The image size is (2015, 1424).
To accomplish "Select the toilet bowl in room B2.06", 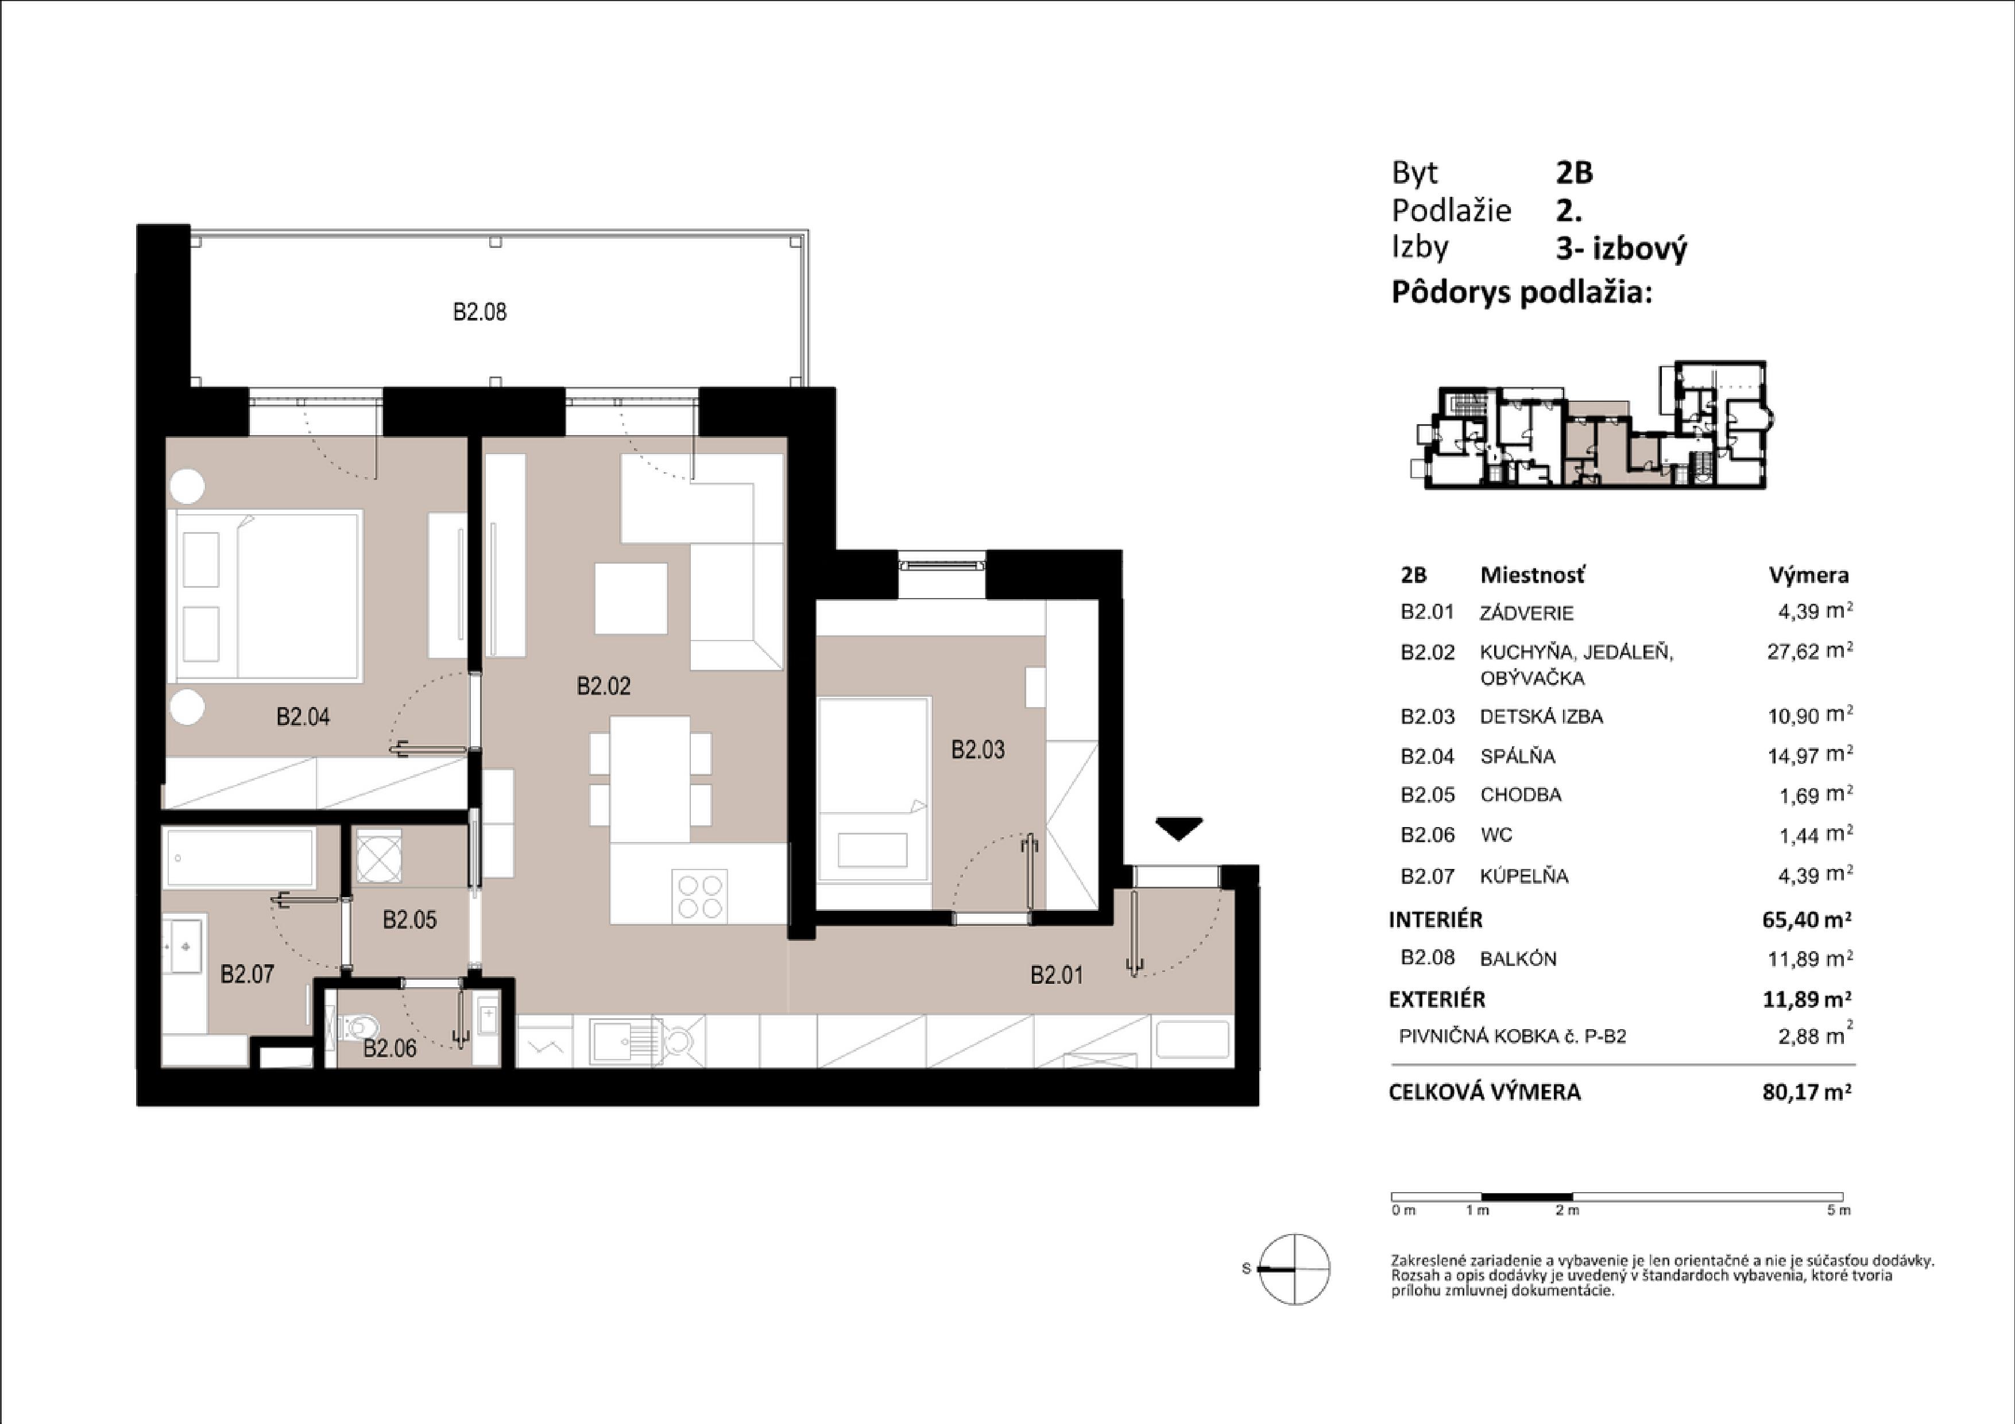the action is click(363, 1026).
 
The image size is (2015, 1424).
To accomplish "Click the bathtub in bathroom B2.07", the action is click(239, 857).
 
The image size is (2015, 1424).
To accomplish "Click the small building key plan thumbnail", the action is click(1589, 425).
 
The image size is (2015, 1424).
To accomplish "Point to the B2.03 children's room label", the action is click(978, 750).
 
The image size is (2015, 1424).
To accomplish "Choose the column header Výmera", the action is click(1809, 576).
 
